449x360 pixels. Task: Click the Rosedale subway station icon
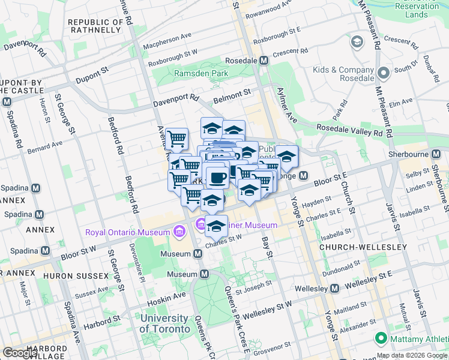pos(264,61)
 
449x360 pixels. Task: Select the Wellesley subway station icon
pos(335,289)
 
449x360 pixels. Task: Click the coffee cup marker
pos(217,177)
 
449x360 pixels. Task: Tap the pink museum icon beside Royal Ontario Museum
pos(178,231)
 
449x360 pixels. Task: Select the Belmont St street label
pos(234,94)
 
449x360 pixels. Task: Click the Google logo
pos(20,352)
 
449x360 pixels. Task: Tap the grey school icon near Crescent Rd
pos(358,41)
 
